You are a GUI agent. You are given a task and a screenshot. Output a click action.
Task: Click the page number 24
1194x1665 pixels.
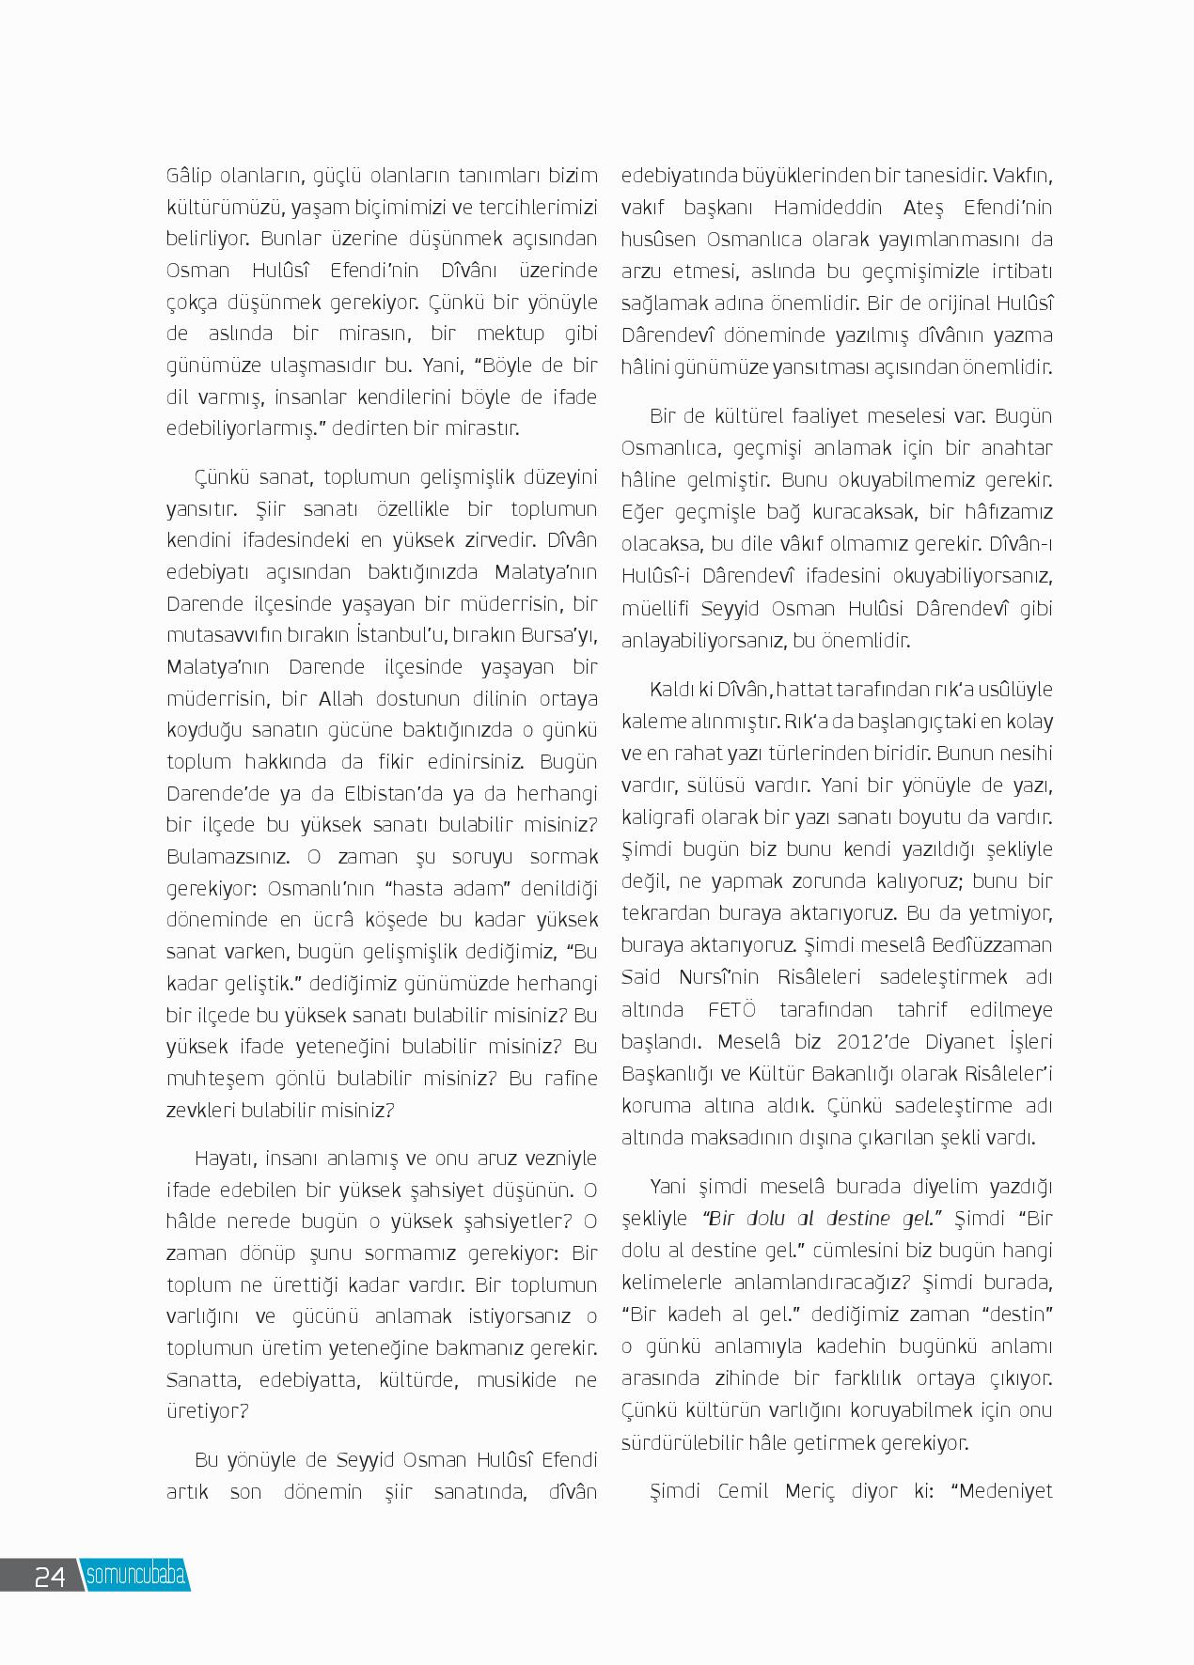click(49, 1576)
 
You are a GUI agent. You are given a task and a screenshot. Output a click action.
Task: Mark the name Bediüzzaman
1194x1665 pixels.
click(990, 945)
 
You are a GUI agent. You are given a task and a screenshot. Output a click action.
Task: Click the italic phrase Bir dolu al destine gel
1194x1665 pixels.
click(823, 1219)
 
